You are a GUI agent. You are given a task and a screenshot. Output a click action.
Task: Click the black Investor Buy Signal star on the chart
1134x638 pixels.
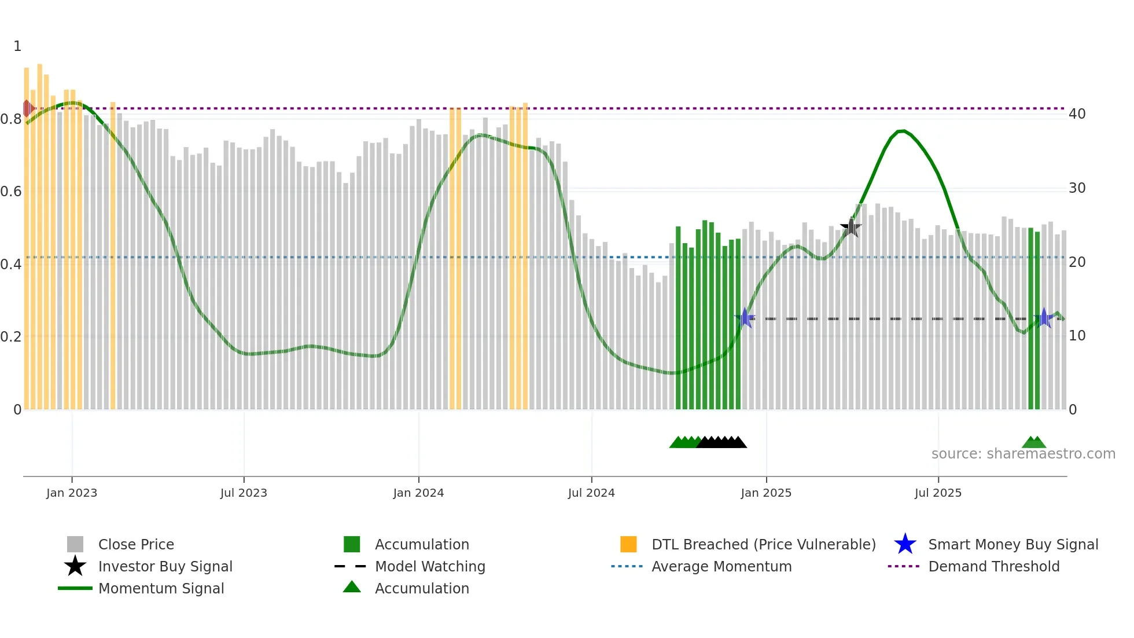[851, 228]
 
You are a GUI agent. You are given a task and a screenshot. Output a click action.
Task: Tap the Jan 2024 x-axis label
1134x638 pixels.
[418, 493]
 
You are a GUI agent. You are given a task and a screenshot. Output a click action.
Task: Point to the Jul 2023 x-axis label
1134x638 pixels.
[244, 493]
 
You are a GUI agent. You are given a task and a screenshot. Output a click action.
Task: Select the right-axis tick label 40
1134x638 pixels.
[1077, 114]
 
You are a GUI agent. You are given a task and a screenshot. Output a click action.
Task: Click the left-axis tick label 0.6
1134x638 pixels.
[12, 192]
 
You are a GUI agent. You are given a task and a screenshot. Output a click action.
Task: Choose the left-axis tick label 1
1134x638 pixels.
[17, 46]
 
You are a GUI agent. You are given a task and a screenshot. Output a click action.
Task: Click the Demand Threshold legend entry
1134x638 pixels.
[993, 567]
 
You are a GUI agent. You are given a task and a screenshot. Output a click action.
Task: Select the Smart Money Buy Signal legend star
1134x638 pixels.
[905, 545]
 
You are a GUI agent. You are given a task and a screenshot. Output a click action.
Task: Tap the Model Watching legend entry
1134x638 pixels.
[429, 567]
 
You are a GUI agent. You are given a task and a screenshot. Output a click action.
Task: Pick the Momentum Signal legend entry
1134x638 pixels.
[161, 589]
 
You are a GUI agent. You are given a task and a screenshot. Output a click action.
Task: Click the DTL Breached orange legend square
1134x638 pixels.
[628, 545]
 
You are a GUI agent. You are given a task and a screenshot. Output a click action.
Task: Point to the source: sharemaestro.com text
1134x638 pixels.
[1023, 454]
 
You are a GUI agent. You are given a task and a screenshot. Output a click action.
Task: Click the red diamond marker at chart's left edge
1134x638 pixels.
[27, 108]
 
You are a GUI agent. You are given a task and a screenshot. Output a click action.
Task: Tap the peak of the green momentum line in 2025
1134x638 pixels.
[901, 131]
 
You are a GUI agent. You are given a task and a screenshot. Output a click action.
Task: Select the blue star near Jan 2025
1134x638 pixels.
[745, 318]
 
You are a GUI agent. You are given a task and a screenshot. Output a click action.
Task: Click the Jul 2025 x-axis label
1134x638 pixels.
[938, 493]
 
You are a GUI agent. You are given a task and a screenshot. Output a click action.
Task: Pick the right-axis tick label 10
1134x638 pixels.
[1077, 336]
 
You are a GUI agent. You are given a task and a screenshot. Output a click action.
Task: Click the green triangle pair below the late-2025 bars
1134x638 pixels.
[1034, 442]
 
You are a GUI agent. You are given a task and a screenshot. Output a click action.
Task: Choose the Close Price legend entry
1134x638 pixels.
[135, 545]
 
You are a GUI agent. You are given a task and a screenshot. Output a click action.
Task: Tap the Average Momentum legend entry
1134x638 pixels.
[721, 567]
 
